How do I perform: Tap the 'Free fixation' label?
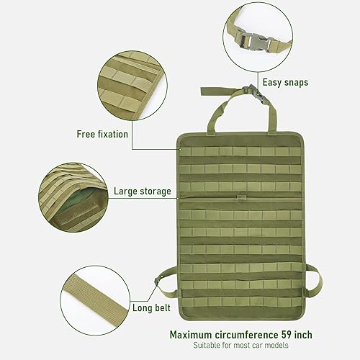coord(102,134)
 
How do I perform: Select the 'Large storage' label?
coord(142,192)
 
